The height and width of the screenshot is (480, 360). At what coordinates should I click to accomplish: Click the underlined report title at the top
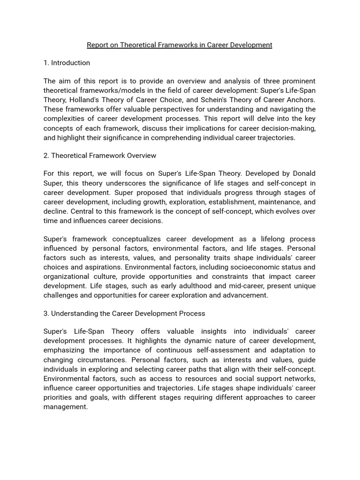[180, 45]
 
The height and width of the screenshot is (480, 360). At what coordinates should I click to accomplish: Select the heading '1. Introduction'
[67, 63]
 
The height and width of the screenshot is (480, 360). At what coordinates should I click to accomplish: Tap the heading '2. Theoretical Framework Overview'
[100, 156]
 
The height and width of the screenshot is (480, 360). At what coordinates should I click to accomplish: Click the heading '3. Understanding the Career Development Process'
[124, 314]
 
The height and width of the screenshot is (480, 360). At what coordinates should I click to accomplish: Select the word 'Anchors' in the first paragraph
[300, 100]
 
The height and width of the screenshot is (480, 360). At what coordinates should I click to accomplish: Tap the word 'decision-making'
[290, 128]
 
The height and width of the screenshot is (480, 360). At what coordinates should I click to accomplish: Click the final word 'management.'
[66, 407]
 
